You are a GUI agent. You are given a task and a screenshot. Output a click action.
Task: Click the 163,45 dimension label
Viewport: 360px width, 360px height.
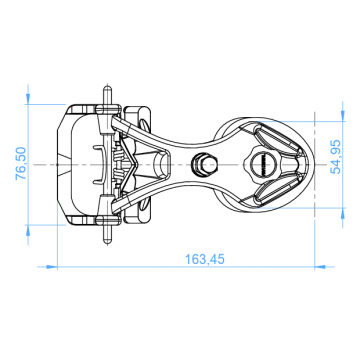205,259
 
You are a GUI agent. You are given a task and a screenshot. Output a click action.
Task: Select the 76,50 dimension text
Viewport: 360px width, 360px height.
21,163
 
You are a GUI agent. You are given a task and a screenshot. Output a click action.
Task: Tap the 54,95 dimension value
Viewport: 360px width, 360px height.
335,156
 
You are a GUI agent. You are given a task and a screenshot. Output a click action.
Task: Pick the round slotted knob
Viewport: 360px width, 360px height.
261,164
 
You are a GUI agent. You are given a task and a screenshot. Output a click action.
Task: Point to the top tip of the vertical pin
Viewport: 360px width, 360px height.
107,87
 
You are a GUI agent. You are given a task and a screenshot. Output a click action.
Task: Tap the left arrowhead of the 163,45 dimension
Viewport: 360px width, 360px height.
51,267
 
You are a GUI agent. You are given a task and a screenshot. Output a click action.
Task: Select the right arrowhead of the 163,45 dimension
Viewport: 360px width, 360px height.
320,267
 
